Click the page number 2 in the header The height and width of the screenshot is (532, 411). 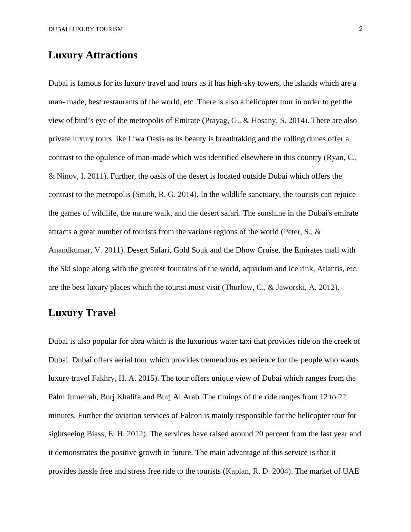361,29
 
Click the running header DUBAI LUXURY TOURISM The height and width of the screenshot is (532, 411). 85,29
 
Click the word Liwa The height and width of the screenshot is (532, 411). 136,139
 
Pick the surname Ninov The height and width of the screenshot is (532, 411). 67,176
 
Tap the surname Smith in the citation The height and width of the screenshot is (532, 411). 145,194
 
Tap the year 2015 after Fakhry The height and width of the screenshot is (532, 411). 146,378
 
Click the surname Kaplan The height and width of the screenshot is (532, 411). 238,471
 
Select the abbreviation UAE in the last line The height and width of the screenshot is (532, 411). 351,471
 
